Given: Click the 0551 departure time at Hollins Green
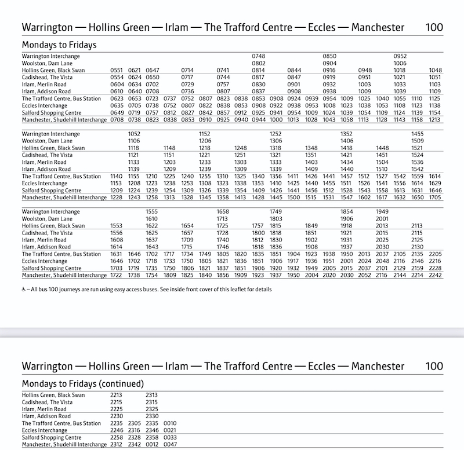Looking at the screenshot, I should point(117,69).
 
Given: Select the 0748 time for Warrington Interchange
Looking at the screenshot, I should point(258,56).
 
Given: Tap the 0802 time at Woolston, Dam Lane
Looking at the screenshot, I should point(258,63).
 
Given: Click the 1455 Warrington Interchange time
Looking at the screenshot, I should point(418,134).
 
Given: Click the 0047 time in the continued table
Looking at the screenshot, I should point(170,445).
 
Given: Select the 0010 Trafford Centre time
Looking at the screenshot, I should point(170,423).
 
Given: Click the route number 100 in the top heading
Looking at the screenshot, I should point(434,27).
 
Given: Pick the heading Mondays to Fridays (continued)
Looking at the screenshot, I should point(82,383).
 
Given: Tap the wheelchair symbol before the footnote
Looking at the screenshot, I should point(24,288).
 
